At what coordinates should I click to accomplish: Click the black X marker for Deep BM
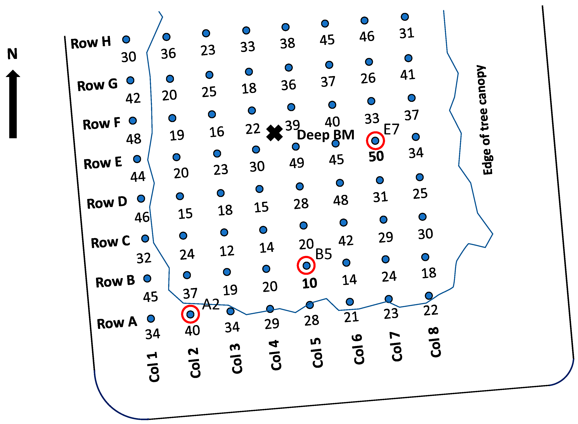point(274,133)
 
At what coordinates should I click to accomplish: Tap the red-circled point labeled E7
point(375,141)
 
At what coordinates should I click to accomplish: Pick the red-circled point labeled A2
point(190,314)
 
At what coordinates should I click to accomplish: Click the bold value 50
point(376,156)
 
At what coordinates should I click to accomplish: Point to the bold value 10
point(310,283)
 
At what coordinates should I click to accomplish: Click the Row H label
point(91,42)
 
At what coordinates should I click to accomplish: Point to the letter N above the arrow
point(12,54)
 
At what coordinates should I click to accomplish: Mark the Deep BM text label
point(326,135)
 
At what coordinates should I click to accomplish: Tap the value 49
point(297,163)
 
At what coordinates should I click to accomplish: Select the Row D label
point(107,203)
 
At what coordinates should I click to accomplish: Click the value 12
point(227,251)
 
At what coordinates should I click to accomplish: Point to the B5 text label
point(323,254)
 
